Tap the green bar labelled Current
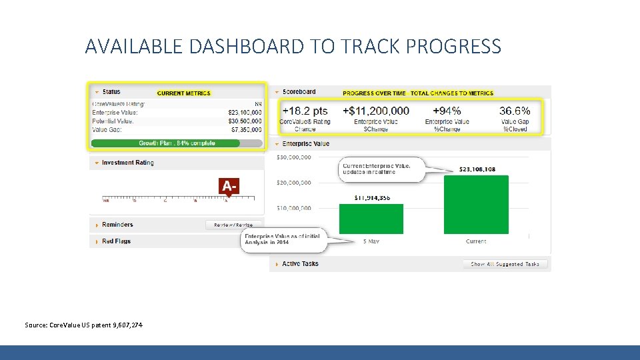coord(475,204)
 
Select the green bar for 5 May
coord(371,218)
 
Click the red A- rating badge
coord(229,186)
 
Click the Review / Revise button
coord(233,225)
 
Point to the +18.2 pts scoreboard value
coord(305,111)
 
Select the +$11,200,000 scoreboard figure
coord(376,111)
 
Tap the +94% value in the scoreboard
coord(447,111)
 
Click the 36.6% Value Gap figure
coord(515,111)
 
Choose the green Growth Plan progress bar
coord(176,143)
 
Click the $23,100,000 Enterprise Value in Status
coord(245,113)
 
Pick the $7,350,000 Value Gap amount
coord(246,129)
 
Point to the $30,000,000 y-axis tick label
coord(293,157)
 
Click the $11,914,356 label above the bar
coord(371,197)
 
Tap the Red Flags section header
coord(117,241)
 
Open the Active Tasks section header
coord(300,264)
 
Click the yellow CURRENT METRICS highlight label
coord(184,93)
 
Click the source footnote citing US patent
coord(83,325)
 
